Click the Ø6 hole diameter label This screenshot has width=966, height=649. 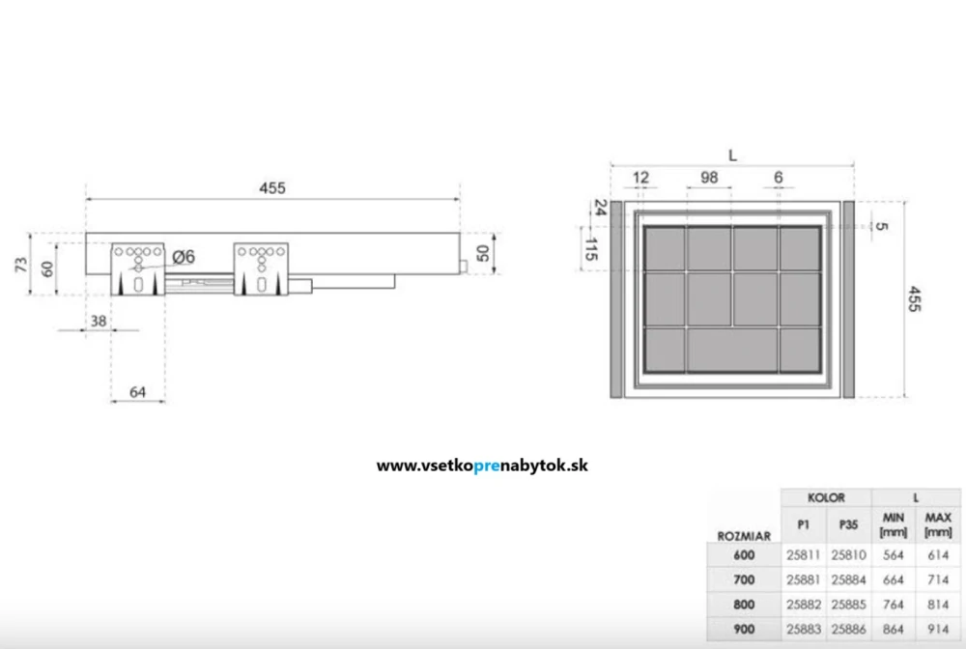tap(184, 256)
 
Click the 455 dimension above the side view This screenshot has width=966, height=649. tap(271, 189)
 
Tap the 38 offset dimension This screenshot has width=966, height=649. tap(98, 322)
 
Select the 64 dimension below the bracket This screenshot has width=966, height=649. tap(137, 391)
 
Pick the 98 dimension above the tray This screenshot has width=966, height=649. tap(709, 177)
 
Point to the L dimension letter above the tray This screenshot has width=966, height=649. tap(732, 155)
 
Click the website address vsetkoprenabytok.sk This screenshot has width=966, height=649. tap(482, 466)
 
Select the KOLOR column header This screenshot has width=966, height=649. tap(826, 498)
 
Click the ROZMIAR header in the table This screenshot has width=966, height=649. tap(744, 534)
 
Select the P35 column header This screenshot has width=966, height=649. tap(848, 525)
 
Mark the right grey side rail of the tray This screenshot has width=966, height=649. tap(849, 299)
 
